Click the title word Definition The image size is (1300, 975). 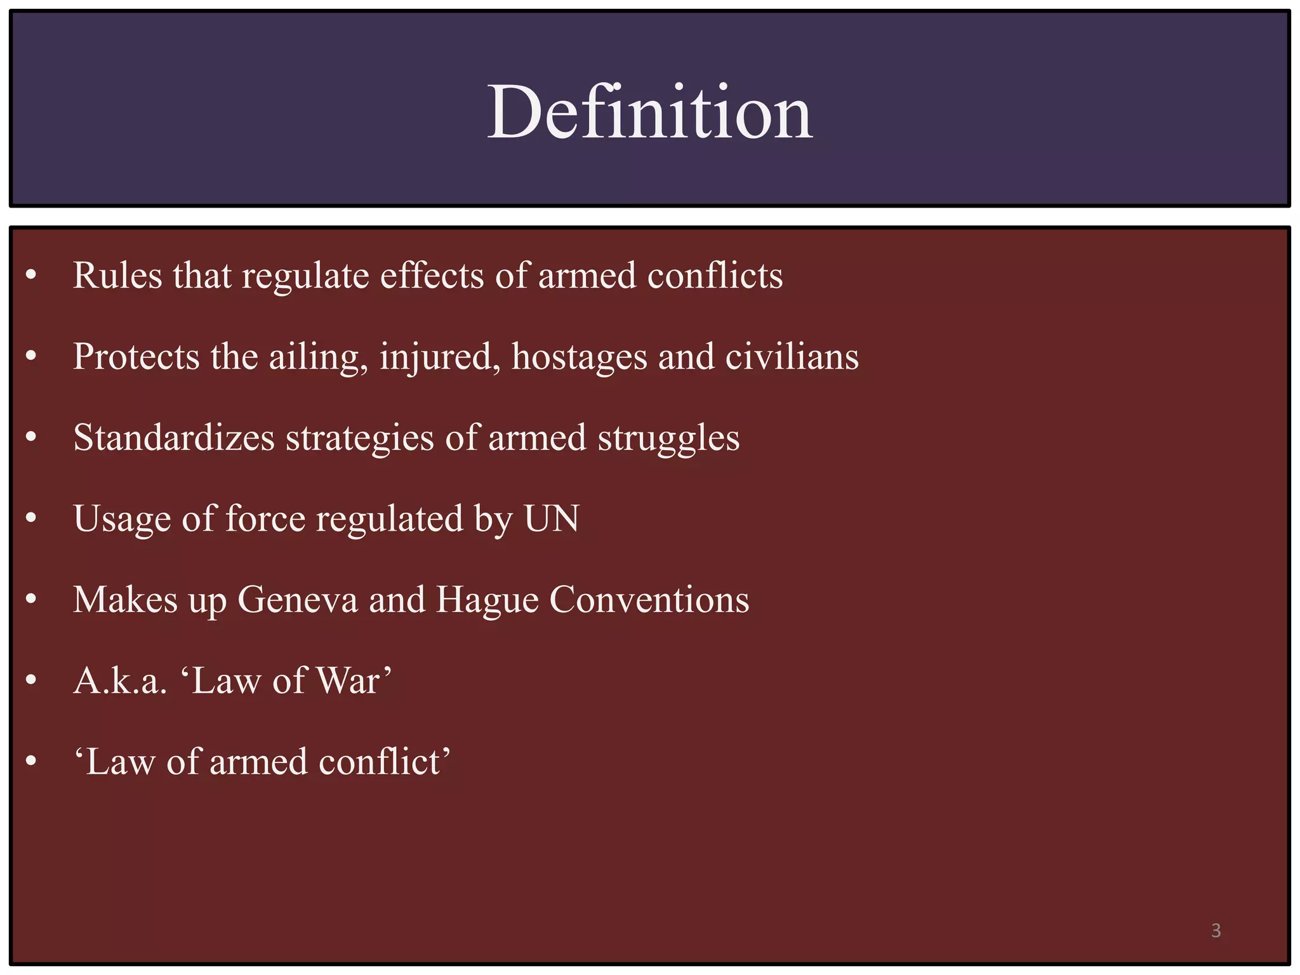pos(649,113)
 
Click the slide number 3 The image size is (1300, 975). pos(1216,931)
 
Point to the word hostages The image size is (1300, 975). pos(579,357)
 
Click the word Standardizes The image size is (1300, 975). pos(174,438)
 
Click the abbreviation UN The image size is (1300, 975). pos(551,519)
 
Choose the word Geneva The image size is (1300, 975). pos(298,600)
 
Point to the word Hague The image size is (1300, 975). pos(487,601)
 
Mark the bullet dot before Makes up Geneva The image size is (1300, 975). pos(31,600)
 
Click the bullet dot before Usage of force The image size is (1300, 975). pos(31,519)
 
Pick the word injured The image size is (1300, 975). pos(435,357)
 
